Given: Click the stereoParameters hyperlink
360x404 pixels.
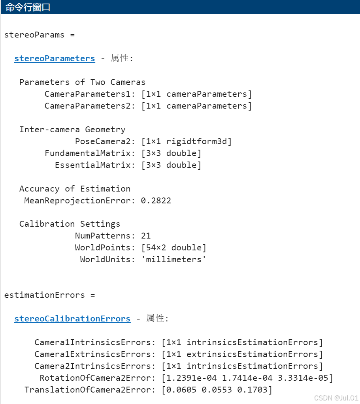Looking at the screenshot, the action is click(55, 58).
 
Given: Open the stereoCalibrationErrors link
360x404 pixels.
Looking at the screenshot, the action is click(72, 319).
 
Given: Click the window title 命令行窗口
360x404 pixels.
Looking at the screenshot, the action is click(28, 7).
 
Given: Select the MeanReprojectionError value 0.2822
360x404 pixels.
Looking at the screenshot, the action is click(156, 201).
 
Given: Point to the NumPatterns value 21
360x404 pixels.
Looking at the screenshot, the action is click(146, 236).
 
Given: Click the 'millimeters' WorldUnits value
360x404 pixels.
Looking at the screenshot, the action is click(174, 259).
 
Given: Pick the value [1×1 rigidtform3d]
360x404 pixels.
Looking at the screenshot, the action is click(187, 141).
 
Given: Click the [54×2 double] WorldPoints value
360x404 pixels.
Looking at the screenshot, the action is click(174, 248).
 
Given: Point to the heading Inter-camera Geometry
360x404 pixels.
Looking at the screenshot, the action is click(72, 130).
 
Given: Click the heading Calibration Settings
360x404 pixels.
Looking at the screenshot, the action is click(70, 224).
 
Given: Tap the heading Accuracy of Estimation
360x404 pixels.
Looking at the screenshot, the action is click(75, 189).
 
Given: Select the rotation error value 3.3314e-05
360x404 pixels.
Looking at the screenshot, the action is click(303, 378).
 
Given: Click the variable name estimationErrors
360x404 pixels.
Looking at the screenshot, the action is click(44, 295).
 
